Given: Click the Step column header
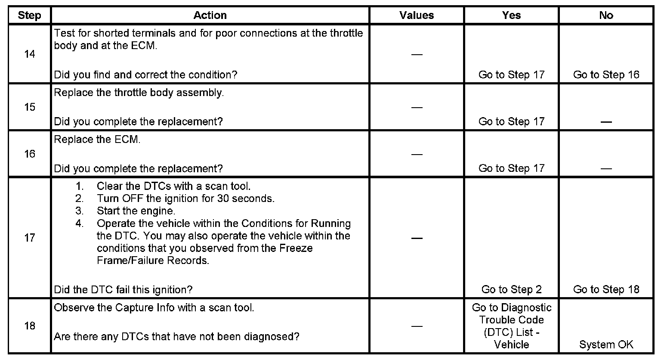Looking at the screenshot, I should click(29, 16).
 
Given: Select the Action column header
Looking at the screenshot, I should click(210, 16).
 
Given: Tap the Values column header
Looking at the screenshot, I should click(417, 16).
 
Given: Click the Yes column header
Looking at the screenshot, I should click(511, 16).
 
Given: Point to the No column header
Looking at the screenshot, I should click(606, 16).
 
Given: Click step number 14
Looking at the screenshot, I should click(29, 54).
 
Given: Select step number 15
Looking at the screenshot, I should click(29, 107).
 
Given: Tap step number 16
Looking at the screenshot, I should click(29, 154).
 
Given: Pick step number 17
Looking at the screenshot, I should click(29, 237).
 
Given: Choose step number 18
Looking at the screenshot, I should click(29, 326).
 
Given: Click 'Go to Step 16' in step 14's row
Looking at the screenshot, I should click(606, 75).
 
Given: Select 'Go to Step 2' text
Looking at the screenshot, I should click(511, 289).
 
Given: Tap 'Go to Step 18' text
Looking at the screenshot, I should click(606, 289).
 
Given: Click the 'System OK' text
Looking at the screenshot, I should click(606, 344).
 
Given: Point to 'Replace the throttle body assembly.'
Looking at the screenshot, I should click(139, 93).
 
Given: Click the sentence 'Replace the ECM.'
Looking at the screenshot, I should click(97, 140).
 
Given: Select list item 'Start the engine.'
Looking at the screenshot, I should click(136, 211).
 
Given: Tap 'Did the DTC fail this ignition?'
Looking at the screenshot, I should click(123, 289).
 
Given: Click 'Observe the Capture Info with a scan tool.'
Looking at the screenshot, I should click(154, 308).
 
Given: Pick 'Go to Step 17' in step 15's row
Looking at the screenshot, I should click(511, 121).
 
